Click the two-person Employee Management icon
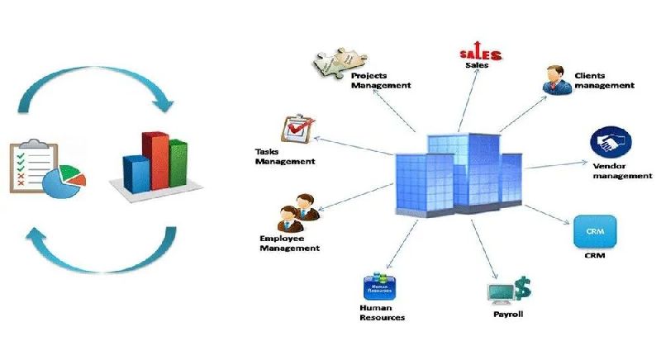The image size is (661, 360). click(x=295, y=211)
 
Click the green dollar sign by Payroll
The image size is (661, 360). click(x=521, y=287)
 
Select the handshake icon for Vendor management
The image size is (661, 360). click(x=611, y=142)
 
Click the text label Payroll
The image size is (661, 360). click(x=508, y=314)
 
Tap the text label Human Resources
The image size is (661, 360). click(x=383, y=312)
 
